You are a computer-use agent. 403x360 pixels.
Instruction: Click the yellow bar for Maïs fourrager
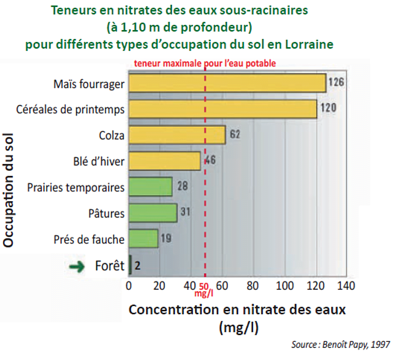coord(227,83)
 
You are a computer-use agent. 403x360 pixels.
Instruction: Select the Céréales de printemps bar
coord(222,109)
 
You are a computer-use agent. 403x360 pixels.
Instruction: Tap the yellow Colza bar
coord(176,135)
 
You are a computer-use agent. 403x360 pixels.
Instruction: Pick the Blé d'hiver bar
coord(164,161)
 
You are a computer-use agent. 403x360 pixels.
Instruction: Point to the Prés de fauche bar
coord(143,239)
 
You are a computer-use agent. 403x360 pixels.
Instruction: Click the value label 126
coord(337,82)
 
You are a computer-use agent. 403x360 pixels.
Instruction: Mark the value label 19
coord(166,238)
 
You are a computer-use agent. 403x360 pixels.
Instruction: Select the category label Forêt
coord(109,266)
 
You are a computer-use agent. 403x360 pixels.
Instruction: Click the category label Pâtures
coord(106,213)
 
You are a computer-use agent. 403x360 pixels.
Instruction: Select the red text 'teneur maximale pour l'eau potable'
coord(205,63)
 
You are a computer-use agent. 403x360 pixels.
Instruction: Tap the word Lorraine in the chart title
coord(310,44)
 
